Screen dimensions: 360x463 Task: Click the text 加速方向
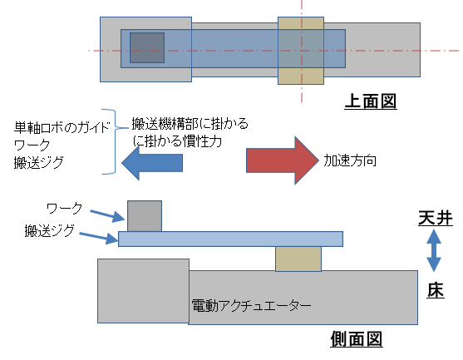tap(351, 160)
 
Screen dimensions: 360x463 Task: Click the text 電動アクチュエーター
tap(251, 306)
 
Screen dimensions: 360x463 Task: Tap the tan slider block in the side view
tap(298, 258)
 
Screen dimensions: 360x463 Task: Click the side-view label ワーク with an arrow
tap(64, 205)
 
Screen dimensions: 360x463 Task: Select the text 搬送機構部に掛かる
tap(190, 124)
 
